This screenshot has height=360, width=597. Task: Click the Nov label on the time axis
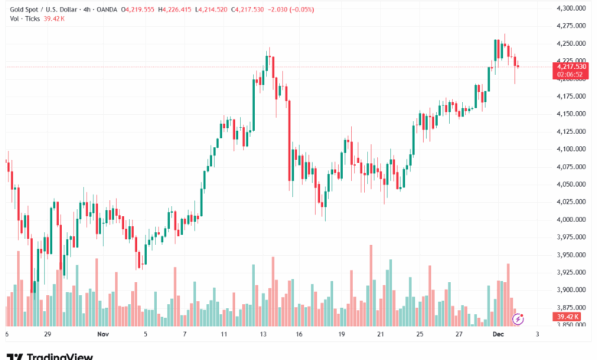(x=104, y=335)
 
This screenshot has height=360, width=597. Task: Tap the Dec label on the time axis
(x=497, y=335)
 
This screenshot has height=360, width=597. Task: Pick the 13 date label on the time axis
(x=263, y=335)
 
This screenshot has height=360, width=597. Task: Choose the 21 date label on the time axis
(x=380, y=335)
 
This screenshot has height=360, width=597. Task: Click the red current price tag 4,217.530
(x=572, y=67)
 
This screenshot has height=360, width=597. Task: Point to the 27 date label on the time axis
(x=458, y=335)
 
